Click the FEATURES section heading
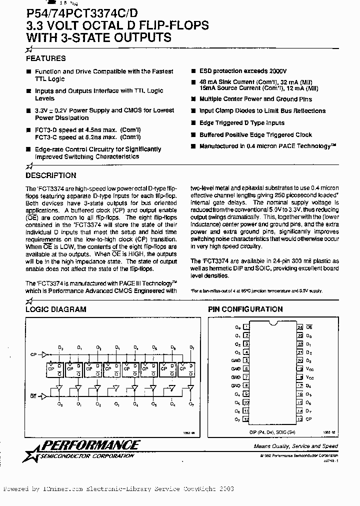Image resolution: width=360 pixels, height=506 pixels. tap(45, 58)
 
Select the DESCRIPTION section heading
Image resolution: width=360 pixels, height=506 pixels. tap(50, 175)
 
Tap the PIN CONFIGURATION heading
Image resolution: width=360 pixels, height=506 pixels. tap(245, 309)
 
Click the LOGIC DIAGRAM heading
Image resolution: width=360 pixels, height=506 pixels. tap(55, 309)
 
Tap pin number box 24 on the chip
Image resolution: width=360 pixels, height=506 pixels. tap(300, 327)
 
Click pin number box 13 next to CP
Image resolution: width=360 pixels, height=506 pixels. tap(300, 419)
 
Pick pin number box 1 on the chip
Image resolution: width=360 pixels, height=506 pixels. tap(245, 327)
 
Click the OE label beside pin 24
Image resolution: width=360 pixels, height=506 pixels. tap(309, 327)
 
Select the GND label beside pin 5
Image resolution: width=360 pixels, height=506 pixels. tap(236, 360)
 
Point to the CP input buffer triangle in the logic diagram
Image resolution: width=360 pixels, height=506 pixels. tap(41, 354)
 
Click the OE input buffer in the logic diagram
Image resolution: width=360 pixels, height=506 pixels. tap(42, 395)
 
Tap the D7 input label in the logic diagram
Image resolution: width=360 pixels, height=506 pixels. tap(191, 346)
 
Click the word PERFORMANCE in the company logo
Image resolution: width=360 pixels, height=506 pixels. tap(95, 444)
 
